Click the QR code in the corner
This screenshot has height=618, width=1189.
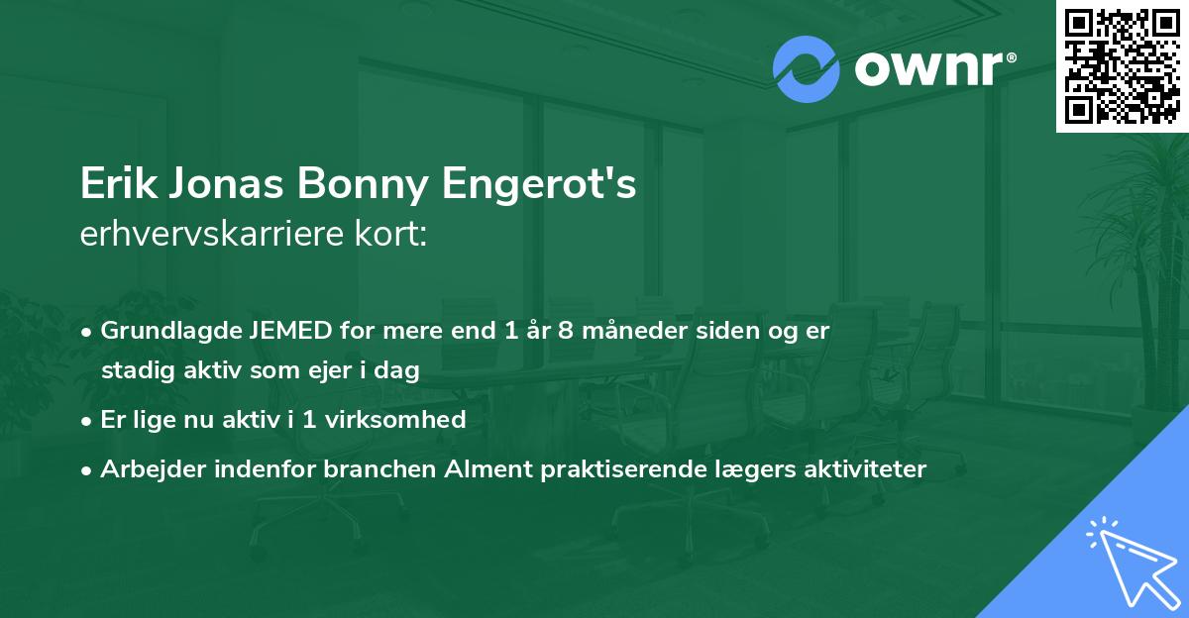1123,65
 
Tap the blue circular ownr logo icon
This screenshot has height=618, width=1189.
806,69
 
